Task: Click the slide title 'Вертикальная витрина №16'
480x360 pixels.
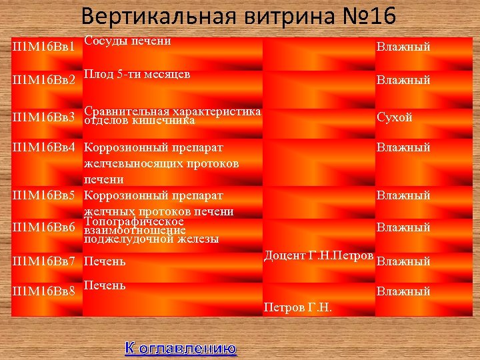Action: [247, 16]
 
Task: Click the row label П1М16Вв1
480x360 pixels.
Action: [44, 48]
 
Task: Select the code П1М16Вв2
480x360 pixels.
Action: [44, 81]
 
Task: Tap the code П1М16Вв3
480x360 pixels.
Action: [44, 117]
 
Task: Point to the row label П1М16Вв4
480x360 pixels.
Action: [44, 147]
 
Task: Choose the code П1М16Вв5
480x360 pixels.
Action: [44, 196]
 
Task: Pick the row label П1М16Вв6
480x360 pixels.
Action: [44, 227]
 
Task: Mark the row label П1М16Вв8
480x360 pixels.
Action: [44, 291]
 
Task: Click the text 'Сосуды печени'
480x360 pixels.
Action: [128, 41]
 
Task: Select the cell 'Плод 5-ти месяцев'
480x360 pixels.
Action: [137, 73]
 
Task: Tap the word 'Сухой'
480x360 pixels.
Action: [395, 117]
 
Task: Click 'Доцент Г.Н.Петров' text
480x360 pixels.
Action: [319, 255]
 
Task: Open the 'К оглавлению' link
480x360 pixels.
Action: [180, 348]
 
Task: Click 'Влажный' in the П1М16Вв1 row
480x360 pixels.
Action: [403, 47]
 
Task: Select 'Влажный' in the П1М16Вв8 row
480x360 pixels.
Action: [403, 291]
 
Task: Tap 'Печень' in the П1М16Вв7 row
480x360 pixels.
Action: [105, 261]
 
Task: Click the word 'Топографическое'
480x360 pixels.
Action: [134, 221]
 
